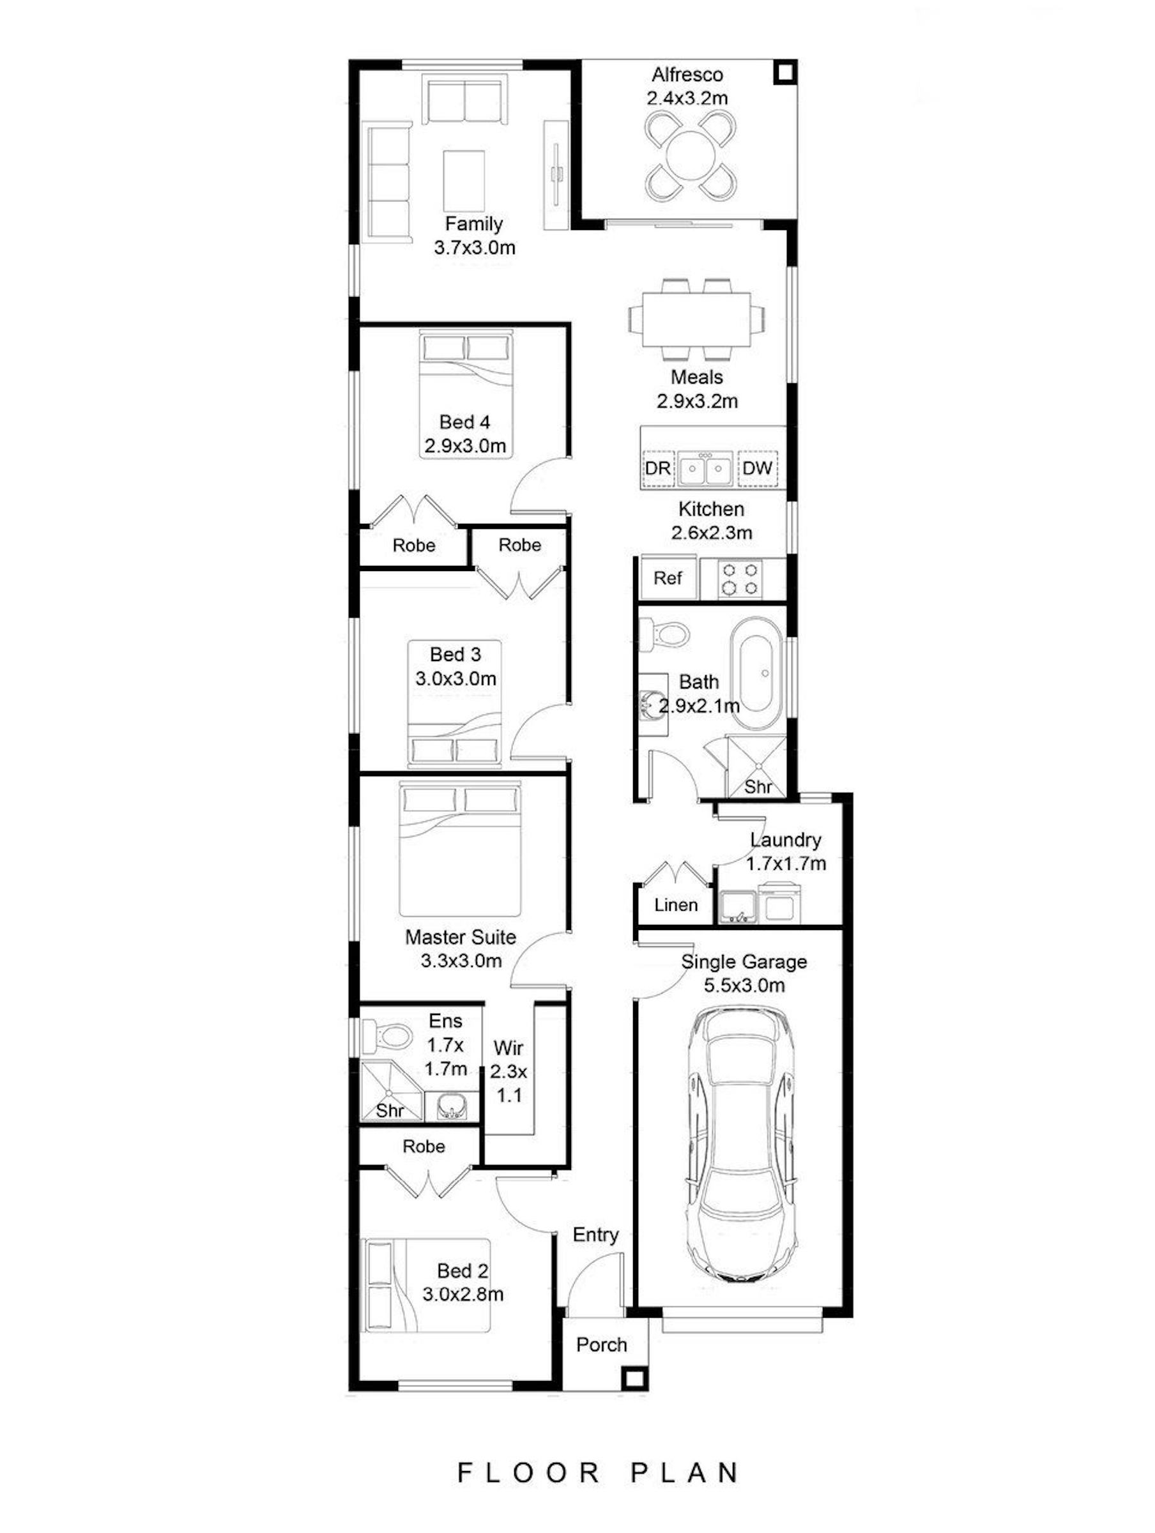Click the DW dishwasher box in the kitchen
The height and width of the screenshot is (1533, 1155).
click(757, 468)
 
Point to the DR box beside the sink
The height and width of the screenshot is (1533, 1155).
click(658, 468)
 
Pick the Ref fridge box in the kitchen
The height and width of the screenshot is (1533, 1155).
click(668, 578)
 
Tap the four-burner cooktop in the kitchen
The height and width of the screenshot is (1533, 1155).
click(739, 579)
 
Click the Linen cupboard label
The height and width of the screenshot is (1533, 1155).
click(676, 905)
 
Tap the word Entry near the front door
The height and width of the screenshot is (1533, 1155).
click(595, 1235)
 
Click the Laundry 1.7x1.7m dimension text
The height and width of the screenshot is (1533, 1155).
click(786, 864)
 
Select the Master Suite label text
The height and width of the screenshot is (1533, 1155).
click(461, 937)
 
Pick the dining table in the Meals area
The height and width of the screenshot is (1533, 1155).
click(697, 319)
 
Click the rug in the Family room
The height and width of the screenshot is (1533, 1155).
click(464, 180)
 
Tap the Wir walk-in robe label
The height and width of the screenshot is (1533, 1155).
click(508, 1048)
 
